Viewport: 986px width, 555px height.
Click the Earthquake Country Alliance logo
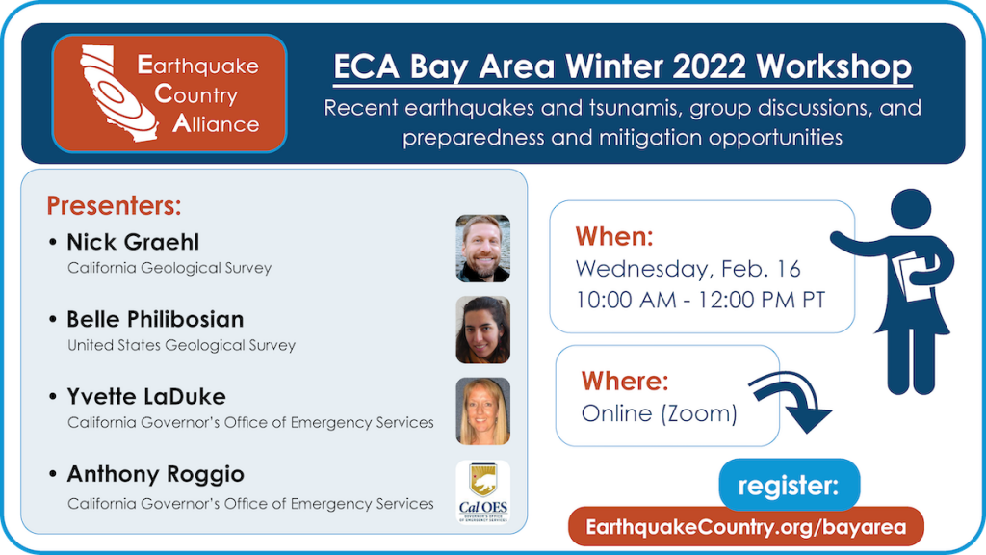(x=169, y=93)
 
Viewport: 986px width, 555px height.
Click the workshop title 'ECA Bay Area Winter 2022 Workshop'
(x=622, y=67)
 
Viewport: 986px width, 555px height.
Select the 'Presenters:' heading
(x=114, y=206)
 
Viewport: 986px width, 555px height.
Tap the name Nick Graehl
(x=133, y=242)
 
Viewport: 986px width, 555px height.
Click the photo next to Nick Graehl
(x=482, y=248)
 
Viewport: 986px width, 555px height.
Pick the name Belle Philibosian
(x=155, y=319)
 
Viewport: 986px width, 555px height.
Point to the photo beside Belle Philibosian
(x=482, y=330)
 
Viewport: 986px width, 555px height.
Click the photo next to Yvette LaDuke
(x=482, y=410)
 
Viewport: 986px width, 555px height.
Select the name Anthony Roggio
(x=155, y=474)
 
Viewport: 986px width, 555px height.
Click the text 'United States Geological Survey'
(x=181, y=345)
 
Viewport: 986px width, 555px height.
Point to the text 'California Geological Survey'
(x=169, y=268)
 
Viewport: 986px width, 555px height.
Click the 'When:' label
(x=614, y=237)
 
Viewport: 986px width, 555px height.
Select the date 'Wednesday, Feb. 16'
(x=688, y=268)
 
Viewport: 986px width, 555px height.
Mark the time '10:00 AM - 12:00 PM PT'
(x=700, y=299)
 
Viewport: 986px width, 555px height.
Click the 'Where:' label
(x=626, y=381)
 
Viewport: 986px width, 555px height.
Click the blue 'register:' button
(x=789, y=486)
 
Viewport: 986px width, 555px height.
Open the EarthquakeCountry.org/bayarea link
(x=745, y=527)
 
